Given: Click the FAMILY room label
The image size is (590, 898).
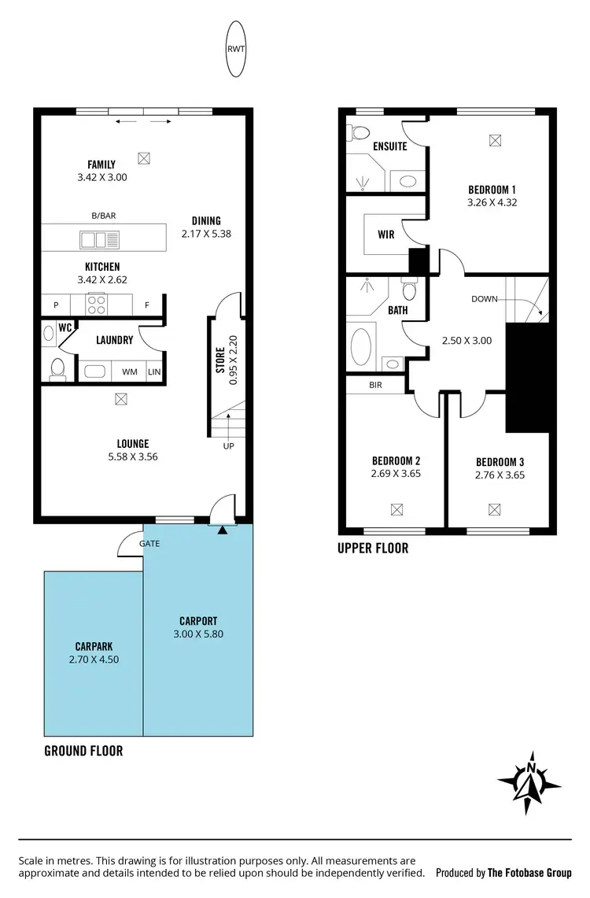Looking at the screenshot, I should [x=101, y=164].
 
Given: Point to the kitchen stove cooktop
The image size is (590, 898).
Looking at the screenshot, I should [x=98, y=304].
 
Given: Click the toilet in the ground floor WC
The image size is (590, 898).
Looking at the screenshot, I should [x=57, y=368].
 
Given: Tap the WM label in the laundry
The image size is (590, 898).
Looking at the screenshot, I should [x=128, y=372].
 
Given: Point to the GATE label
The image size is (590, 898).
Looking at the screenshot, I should [x=149, y=544].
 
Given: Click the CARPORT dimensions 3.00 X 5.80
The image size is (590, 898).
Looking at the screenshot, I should [x=197, y=634].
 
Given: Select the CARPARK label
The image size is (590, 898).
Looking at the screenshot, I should [x=94, y=646].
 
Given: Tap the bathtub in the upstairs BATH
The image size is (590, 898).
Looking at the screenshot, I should [x=361, y=346].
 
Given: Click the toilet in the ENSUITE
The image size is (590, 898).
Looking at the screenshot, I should [x=359, y=131].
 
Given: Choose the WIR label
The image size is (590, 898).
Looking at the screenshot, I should [x=385, y=235].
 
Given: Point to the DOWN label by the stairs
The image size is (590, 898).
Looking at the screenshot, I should [x=485, y=299].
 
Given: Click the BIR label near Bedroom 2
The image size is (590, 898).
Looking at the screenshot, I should [x=375, y=386].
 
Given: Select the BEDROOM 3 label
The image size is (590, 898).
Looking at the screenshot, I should [x=500, y=462].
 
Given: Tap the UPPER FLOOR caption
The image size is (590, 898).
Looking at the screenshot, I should [x=373, y=548].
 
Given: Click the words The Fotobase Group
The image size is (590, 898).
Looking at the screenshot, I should [x=529, y=873].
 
